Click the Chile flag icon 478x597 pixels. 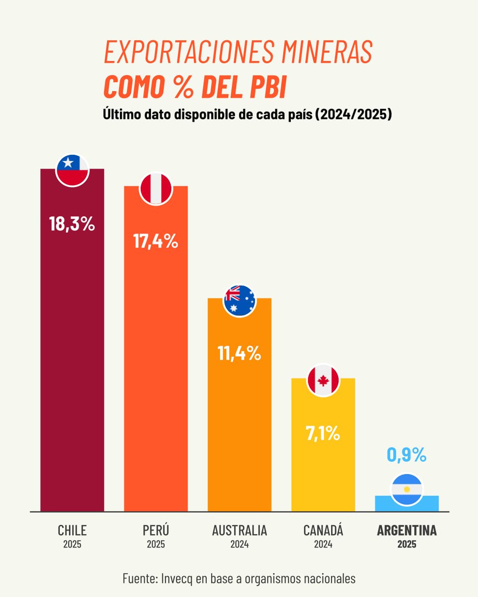[72, 170]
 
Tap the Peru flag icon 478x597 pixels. [156, 188]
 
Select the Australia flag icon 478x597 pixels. [239, 300]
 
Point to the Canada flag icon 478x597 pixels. [323, 380]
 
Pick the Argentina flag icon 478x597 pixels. [407, 489]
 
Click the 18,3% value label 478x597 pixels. [72, 224]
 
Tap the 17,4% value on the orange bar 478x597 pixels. [156, 241]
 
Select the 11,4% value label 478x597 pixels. [239, 353]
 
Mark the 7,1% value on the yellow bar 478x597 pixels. [323, 433]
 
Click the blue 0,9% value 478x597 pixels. [407, 454]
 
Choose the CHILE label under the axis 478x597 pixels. [72, 530]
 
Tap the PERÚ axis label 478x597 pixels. [156, 530]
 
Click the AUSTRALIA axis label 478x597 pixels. [239, 530]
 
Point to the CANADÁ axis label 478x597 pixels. [323, 530]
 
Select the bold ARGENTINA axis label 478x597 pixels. [407, 530]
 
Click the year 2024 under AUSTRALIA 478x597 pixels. [239, 544]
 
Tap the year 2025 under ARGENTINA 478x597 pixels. [407, 544]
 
